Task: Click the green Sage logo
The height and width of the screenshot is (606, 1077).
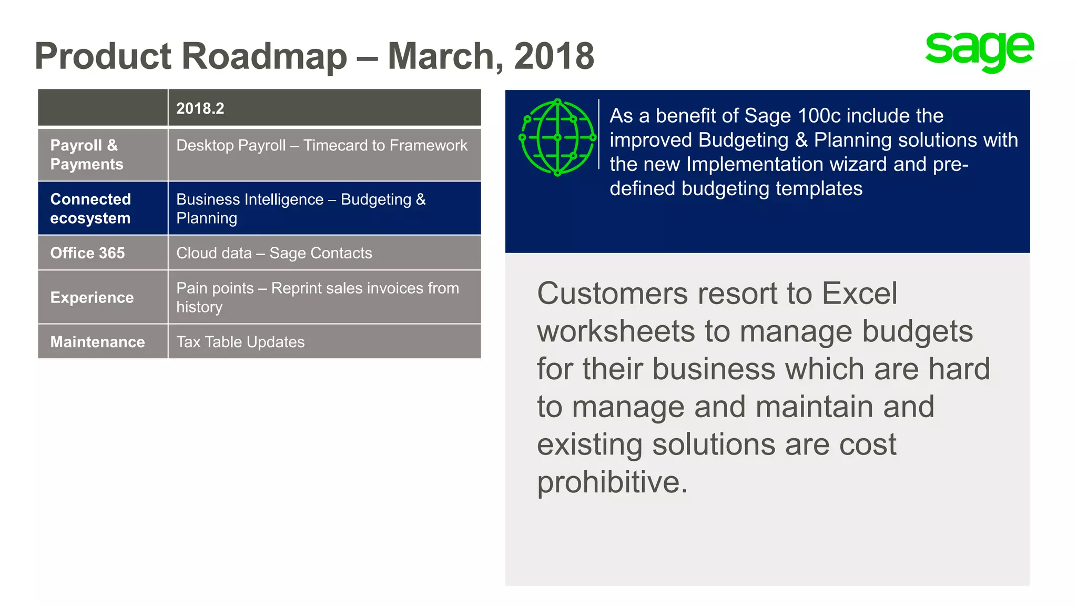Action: click(x=979, y=51)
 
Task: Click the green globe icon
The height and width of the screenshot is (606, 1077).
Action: click(x=557, y=137)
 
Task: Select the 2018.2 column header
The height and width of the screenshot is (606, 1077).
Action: click(x=200, y=108)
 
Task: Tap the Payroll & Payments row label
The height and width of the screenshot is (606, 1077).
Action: click(x=86, y=155)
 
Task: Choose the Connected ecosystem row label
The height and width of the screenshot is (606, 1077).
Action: click(x=90, y=208)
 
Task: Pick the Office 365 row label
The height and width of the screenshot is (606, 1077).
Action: click(x=87, y=253)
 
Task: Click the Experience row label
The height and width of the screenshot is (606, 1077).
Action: click(x=92, y=298)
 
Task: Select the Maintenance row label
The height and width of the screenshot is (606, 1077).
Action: click(x=97, y=342)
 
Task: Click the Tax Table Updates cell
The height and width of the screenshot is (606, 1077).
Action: click(x=240, y=342)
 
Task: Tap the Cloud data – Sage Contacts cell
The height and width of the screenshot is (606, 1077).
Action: click(x=274, y=253)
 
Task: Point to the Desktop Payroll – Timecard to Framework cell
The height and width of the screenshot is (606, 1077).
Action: click(x=321, y=146)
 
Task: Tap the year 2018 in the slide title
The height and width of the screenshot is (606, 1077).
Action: click(x=554, y=56)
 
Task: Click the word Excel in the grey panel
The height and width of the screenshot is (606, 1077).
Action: click(x=859, y=293)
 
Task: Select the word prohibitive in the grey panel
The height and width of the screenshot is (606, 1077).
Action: click(x=612, y=482)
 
